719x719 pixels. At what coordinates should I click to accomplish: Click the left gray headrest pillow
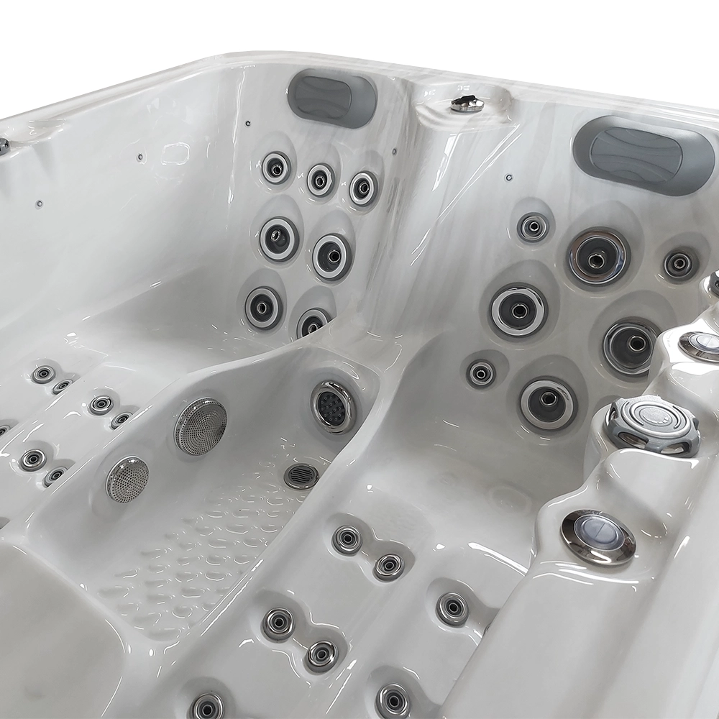click(x=331, y=97)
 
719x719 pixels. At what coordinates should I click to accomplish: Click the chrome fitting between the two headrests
click(x=467, y=104)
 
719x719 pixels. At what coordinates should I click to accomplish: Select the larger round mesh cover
click(x=201, y=426)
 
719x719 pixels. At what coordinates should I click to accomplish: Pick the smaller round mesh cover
click(x=127, y=479)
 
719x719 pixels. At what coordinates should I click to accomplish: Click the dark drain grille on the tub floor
click(x=301, y=475)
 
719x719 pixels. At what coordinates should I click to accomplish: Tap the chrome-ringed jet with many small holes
click(x=334, y=406)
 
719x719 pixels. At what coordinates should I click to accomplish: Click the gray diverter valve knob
click(x=653, y=425)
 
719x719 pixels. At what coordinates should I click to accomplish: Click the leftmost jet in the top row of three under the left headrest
click(x=276, y=168)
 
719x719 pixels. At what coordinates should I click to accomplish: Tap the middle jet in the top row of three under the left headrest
click(x=321, y=180)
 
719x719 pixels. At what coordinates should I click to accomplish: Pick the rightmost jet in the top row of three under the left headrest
click(x=363, y=188)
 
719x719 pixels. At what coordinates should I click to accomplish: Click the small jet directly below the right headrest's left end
click(x=533, y=227)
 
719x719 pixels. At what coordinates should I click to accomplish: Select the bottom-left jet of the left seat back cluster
click(x=263, y=308)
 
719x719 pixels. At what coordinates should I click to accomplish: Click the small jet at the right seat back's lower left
click(x=481, y=373)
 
